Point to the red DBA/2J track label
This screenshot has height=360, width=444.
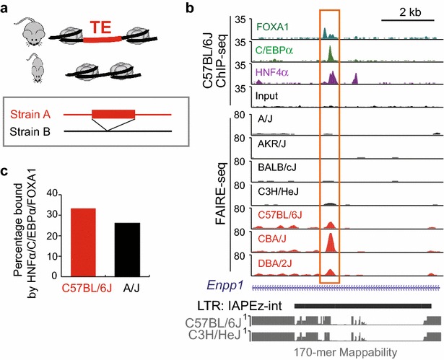(x=269, y=258)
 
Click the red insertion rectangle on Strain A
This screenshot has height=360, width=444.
(x=113, y=113)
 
